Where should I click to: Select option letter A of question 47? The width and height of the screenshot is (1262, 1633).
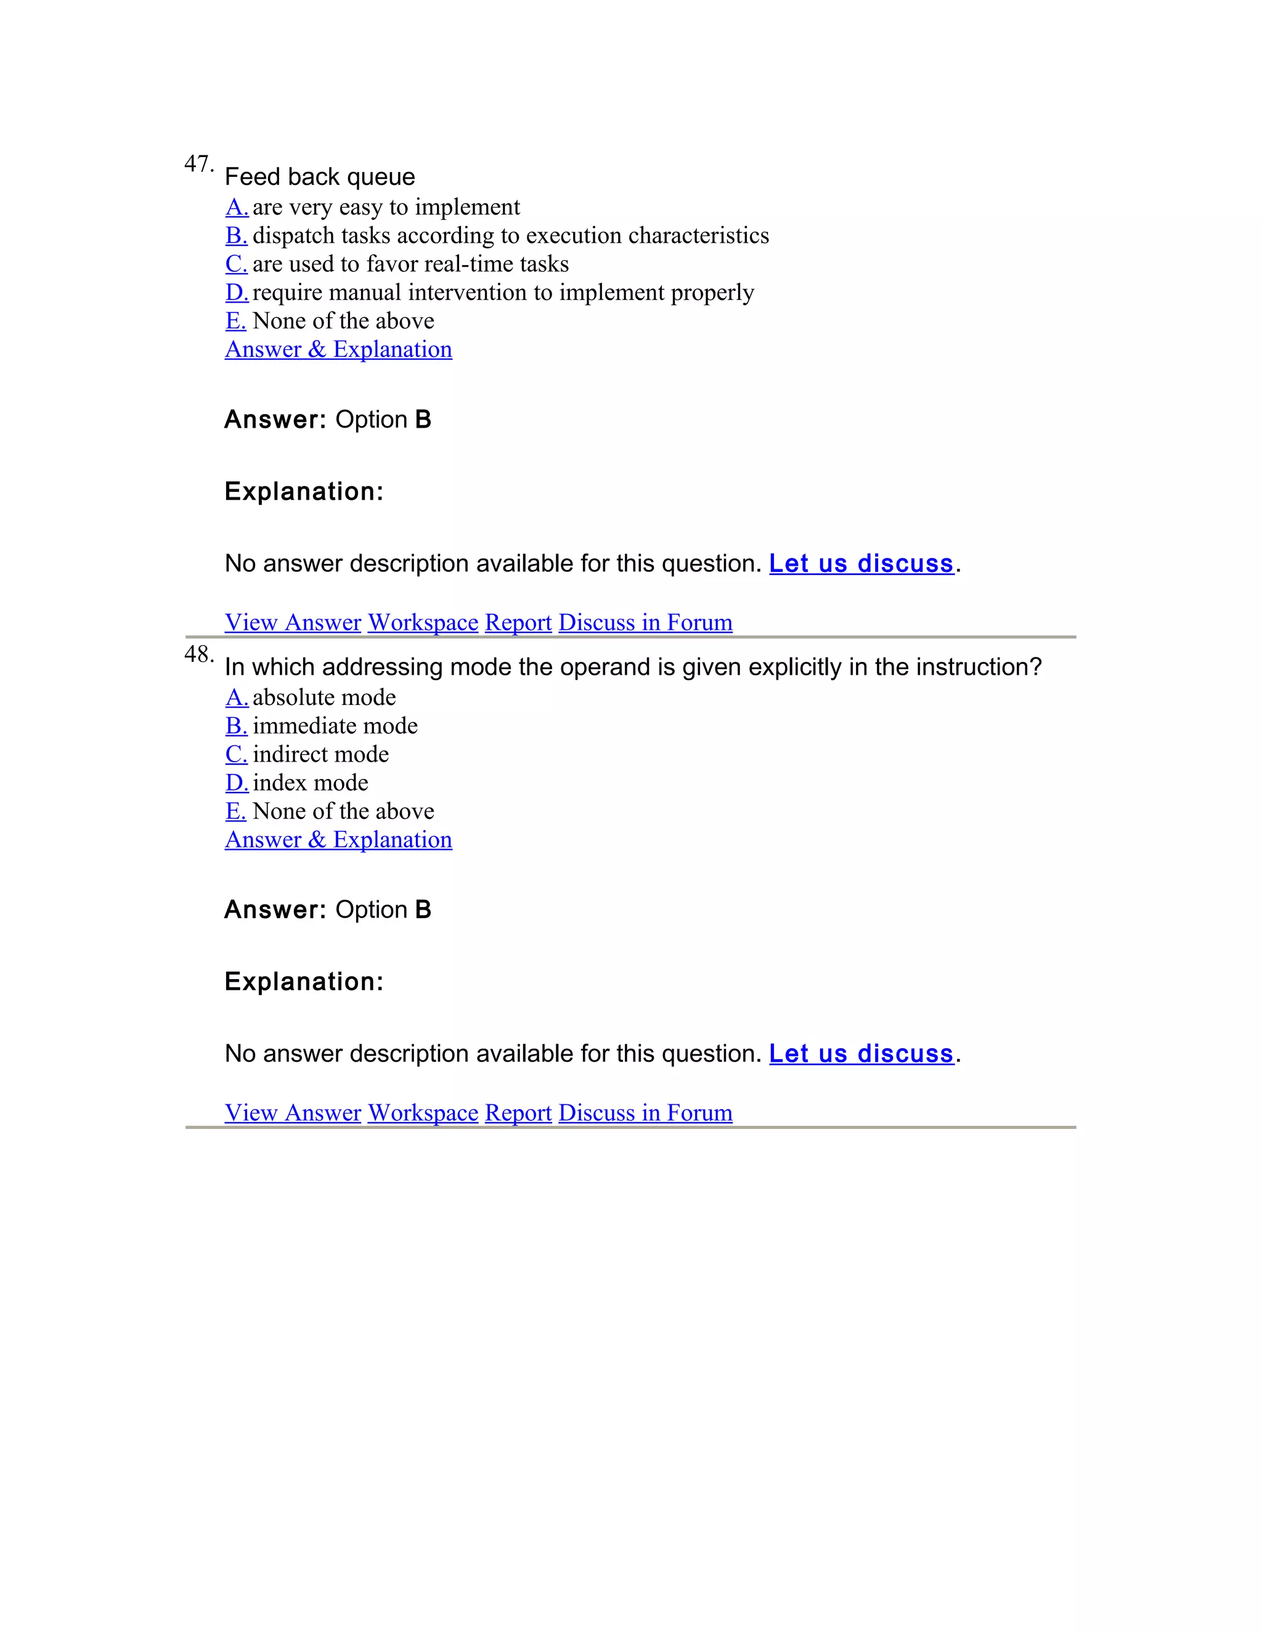coord(236,207)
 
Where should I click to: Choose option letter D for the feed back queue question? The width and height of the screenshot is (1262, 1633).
coord(236,292)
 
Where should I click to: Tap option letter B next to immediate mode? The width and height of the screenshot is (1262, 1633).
coord(236,726)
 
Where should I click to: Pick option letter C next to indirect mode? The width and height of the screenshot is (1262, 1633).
coord(236,754)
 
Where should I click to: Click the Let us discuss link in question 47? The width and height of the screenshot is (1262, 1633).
coord(861,564)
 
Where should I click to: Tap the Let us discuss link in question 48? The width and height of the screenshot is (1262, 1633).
coord(861,1054)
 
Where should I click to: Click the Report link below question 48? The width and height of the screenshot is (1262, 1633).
coord(518,1114)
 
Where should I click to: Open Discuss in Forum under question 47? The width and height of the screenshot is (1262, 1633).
coord(645,623)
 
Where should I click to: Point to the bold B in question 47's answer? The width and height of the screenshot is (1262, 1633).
coord(423,420)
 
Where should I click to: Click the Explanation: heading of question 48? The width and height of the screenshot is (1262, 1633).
coord(304,982)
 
